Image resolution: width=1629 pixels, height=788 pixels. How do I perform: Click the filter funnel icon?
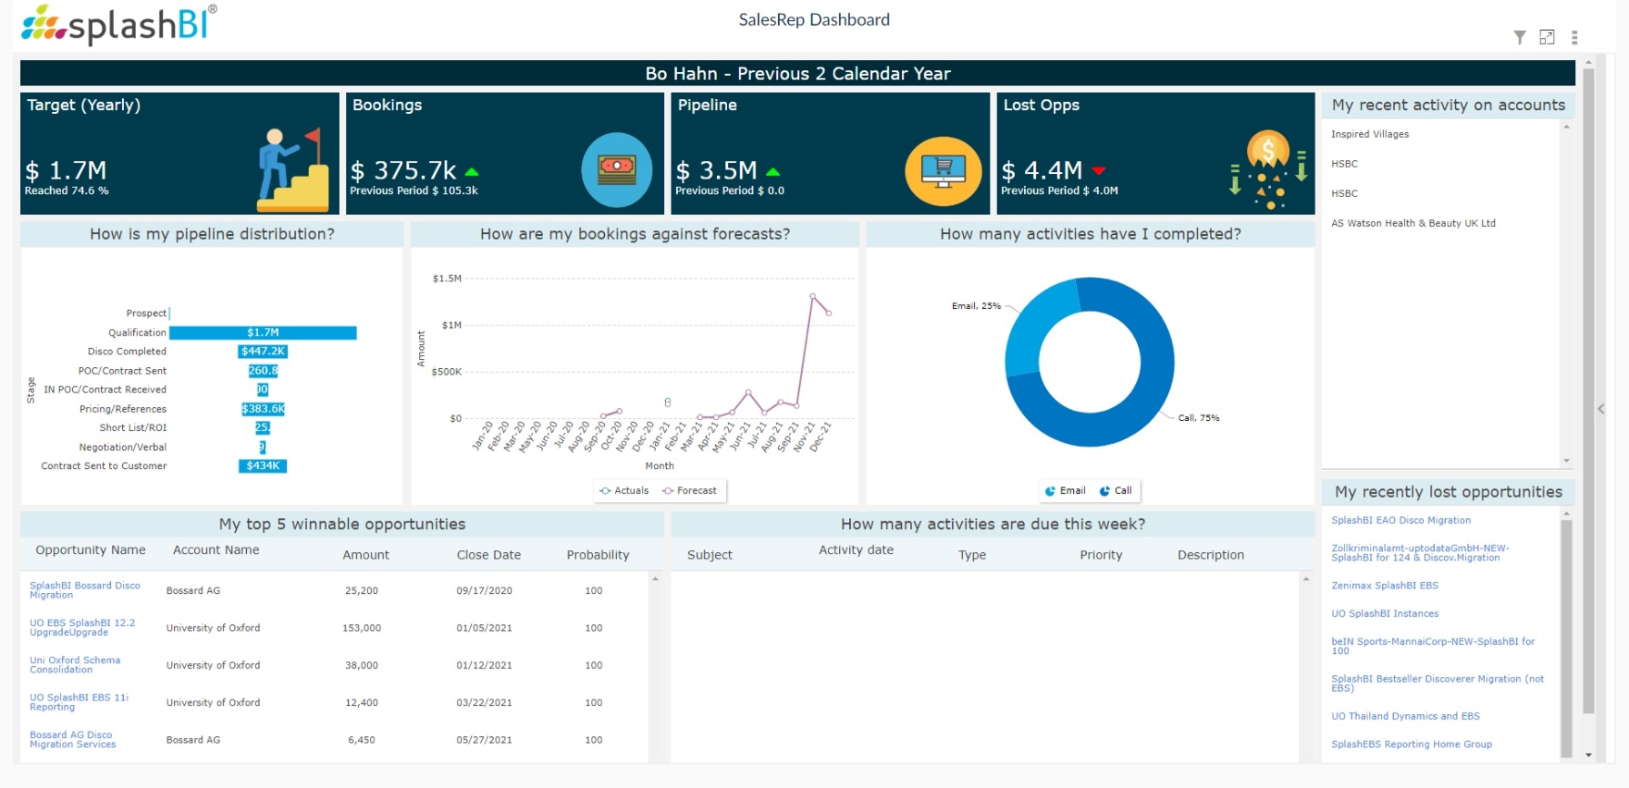(x=1520, y=37)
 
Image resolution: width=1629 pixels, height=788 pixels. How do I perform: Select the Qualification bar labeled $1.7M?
(x=263, y=333)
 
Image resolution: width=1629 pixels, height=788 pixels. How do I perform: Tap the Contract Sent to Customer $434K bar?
(x=262, y=466)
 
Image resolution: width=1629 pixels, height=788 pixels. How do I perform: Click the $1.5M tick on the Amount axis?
(x=446, y=279)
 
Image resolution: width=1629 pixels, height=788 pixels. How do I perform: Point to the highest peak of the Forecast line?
(x=813, y=296)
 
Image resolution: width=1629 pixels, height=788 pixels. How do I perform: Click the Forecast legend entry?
(x=690, y=490)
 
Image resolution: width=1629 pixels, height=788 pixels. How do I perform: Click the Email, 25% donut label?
(x=976, y=306)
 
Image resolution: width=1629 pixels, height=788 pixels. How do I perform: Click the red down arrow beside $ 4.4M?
(x=1099, y=171)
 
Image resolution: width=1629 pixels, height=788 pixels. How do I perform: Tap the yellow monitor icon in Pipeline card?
(x=943, y=170)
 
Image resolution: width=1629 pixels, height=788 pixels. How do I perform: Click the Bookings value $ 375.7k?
(x=405, y=170)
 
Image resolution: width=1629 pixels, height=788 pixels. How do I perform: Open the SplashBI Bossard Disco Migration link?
(x=84, y=590)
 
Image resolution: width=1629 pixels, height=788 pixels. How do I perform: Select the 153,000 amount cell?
(x=362, y=628)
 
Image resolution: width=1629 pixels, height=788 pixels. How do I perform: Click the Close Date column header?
(x=488, y=555)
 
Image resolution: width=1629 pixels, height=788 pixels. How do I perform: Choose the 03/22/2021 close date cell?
(x=484, y=702)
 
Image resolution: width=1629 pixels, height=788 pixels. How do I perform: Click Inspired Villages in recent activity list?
(x=1369, y=134)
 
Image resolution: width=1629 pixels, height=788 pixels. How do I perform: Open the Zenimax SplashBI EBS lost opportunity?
(x=1384, y=586)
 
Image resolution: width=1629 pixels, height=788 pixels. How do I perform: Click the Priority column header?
(x=1101, y=555)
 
